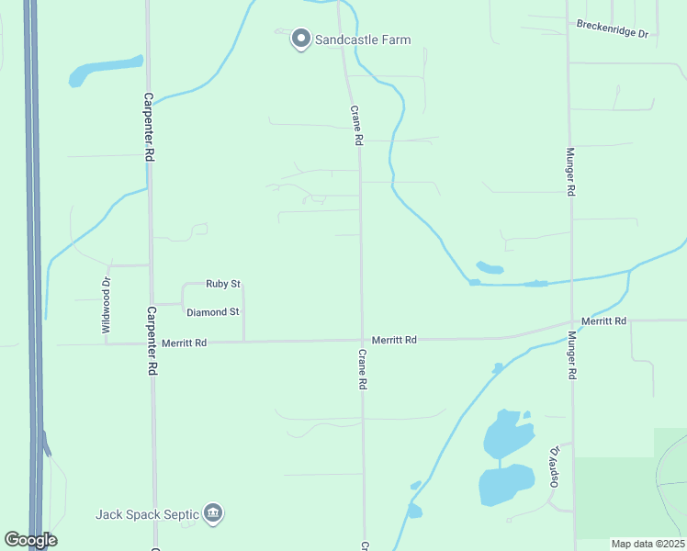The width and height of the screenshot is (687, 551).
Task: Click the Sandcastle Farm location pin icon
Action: point(300,39)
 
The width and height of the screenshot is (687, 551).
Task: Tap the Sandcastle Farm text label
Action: point(363,39)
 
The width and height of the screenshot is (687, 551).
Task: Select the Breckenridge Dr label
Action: point(613,28)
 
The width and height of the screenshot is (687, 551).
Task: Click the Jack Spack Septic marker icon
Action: point(213,512)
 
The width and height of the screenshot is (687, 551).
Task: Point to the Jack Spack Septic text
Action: point(147,513)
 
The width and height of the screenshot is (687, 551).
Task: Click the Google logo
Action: point(30,539)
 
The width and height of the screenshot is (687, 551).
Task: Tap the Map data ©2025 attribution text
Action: point(648,544)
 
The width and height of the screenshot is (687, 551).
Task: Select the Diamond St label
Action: point(212,312)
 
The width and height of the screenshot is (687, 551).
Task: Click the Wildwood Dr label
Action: point(106,304)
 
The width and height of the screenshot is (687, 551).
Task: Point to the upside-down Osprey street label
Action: point(554,467)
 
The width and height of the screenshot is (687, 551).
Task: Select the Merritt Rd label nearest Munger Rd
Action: point(607,321)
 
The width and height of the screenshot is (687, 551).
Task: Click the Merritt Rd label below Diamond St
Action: point(184,343)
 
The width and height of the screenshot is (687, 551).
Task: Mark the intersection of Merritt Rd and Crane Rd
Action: point(362,341)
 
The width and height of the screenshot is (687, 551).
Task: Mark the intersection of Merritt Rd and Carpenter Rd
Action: point(152,343)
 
